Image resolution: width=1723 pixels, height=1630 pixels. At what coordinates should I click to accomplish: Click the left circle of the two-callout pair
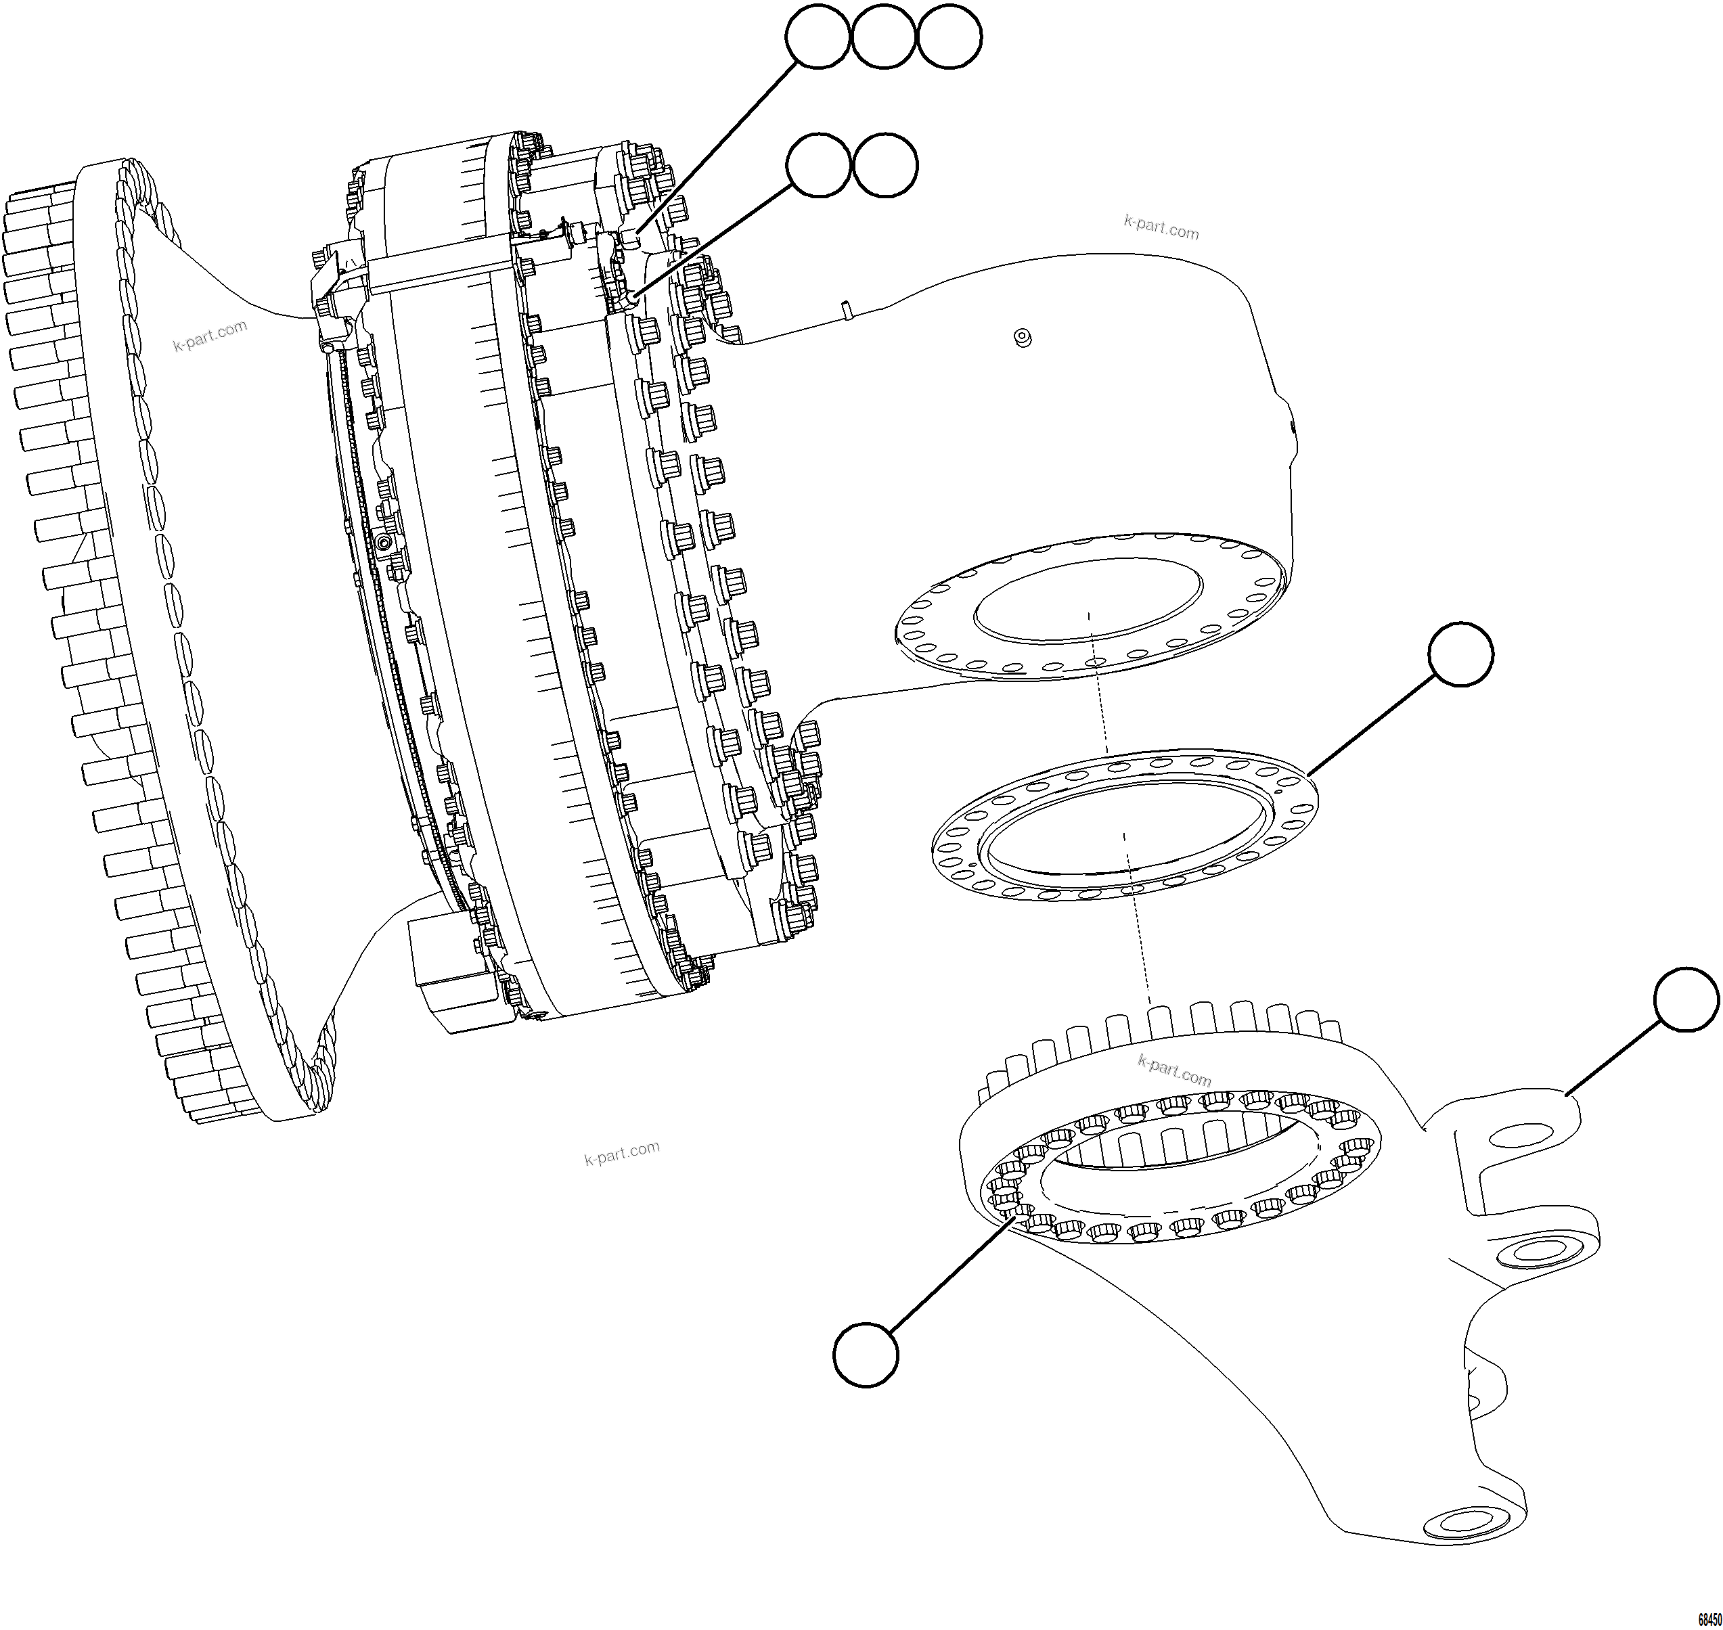tap(818, 165)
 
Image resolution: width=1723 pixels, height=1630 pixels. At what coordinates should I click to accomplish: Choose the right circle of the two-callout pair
tap(885, 165)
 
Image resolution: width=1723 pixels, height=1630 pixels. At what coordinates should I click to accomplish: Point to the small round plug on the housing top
tap(1023, 337)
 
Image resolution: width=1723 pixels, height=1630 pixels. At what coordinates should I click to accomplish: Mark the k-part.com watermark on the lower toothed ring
tap(1174, 1070)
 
